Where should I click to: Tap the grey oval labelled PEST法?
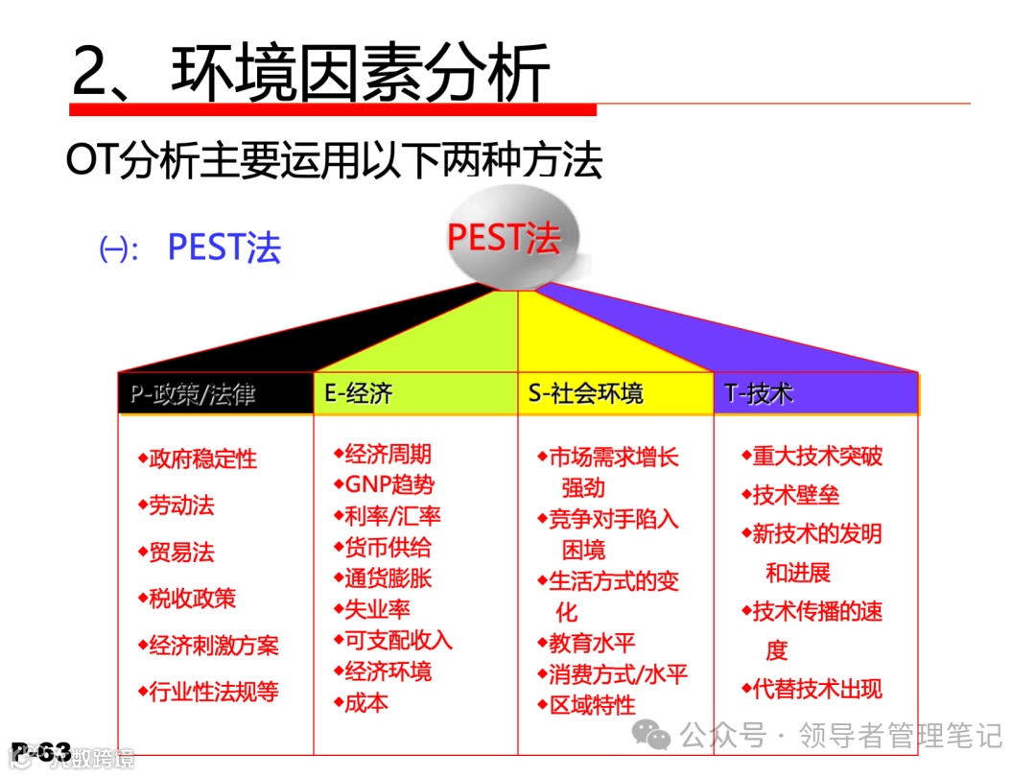tap(504, 237)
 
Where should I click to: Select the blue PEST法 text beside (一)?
tap(224, 247)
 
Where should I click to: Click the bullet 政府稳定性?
tap(203, 459)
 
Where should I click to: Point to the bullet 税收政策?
tap(192, 599)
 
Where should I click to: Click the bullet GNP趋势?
tap(388, 484)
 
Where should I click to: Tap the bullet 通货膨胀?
tap(388, 578)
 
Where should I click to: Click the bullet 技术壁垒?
tap(795, 495)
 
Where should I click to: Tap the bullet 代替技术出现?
tap(817, 689)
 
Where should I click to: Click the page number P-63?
tap(42, 753)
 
